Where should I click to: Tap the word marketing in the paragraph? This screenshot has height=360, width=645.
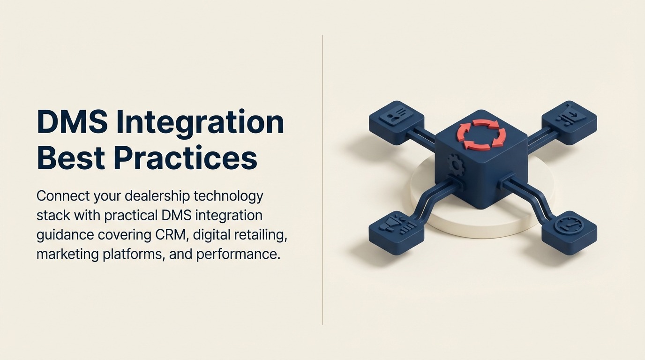67,255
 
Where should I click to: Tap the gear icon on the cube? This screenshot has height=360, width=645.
454,164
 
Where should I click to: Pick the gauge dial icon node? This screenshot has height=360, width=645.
568,227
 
